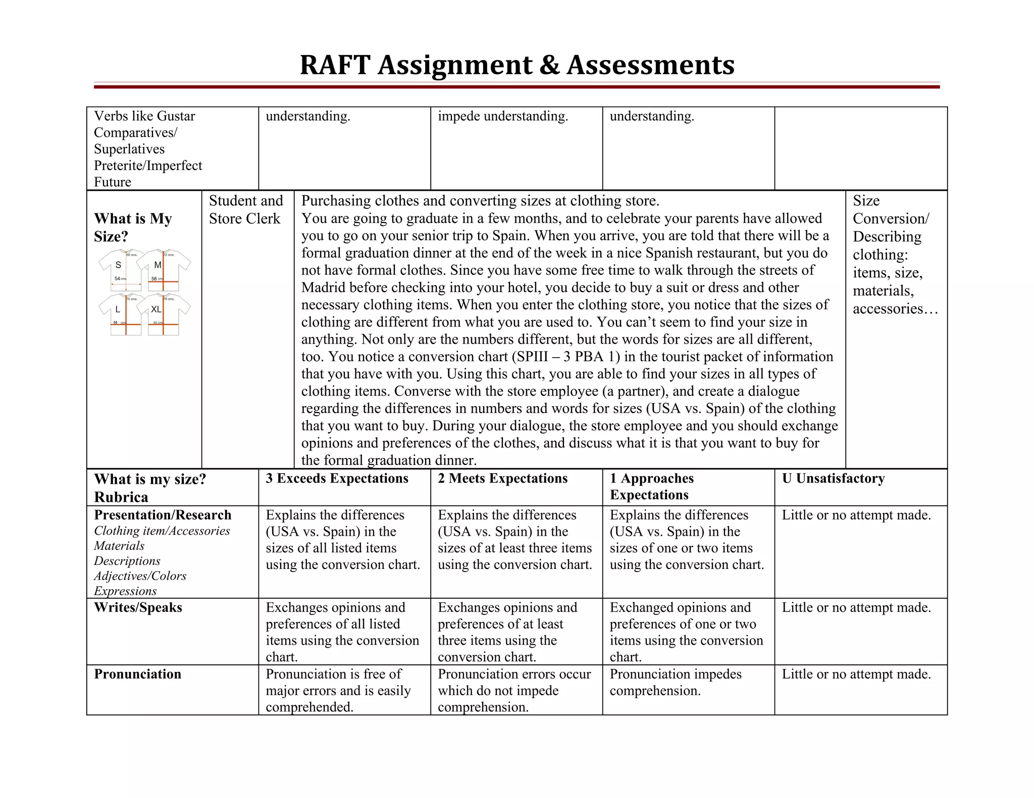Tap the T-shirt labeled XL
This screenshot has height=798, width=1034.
pos(163,314)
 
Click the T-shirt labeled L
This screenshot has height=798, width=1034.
pos(120,314)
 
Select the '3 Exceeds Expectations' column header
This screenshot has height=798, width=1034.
pos(337,478)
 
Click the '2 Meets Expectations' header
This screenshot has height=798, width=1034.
pos(502,478)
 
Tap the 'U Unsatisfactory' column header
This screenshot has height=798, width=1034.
pos(833,478)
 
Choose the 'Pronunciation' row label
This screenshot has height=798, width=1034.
pos(137,674)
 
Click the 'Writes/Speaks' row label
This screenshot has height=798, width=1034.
pos(138,607)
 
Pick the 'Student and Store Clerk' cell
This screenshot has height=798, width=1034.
pos(246,210)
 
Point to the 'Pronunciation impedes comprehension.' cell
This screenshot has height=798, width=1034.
pos(675,682)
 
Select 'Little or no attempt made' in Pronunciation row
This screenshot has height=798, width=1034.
pos(856,674)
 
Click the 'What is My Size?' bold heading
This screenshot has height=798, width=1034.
pos(133,227)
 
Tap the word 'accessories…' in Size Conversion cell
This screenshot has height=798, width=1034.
pos(895,309)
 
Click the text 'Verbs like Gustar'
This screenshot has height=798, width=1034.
pos(144,116)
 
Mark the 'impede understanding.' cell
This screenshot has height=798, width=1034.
pos(503,116)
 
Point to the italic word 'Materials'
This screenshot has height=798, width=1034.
pos(119,546)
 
